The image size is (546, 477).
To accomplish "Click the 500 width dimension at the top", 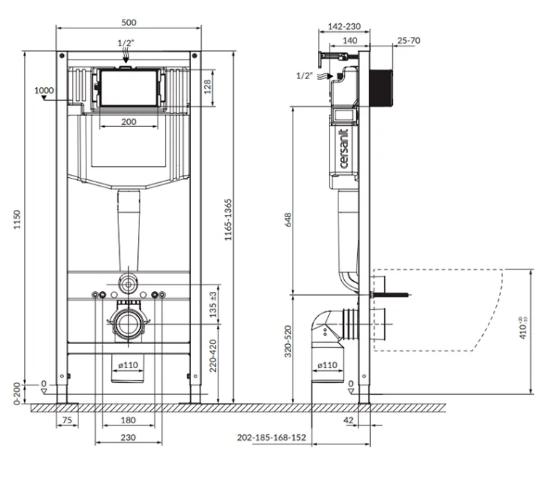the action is pos(129,23).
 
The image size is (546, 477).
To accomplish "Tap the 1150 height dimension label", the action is pos(17,220).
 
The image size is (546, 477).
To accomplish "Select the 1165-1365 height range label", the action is pos(228,220).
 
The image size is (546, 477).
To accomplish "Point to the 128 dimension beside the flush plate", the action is pos(208,87).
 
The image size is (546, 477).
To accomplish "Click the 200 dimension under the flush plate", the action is pos(129,122).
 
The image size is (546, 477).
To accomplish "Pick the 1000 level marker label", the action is pos(44,91).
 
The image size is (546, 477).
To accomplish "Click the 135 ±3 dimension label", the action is pos(213,305).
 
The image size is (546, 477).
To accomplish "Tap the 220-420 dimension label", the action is pos(213,356).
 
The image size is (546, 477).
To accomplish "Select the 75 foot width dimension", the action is pos(67,420).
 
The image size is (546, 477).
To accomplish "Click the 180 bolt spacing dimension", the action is pos(128,420).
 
